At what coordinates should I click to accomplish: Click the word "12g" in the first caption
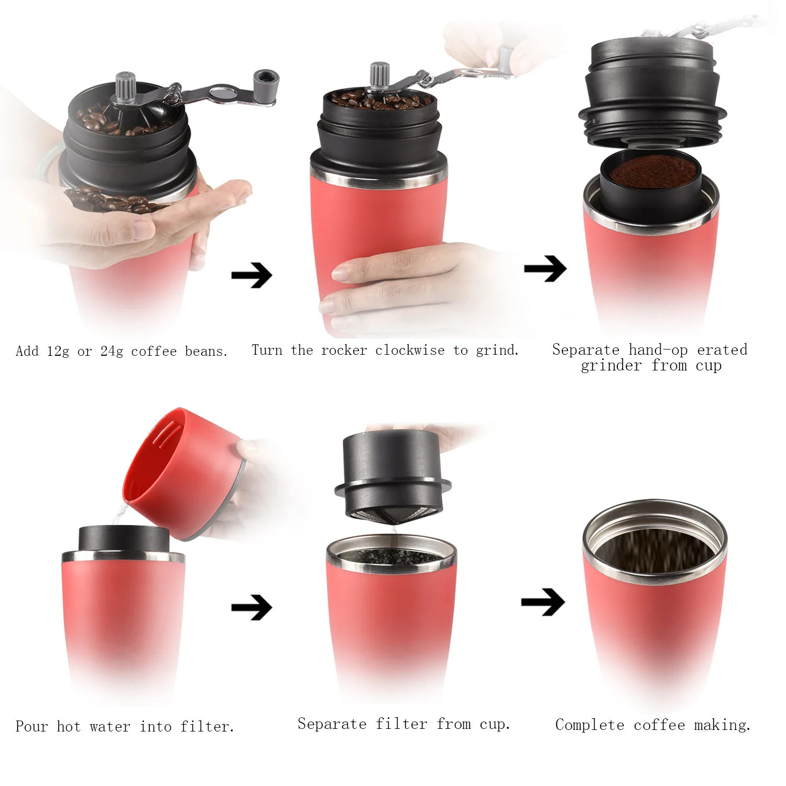coord(58,351)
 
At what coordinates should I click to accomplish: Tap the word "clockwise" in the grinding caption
coord(410,350)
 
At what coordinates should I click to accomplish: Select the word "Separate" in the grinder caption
coord(586,350)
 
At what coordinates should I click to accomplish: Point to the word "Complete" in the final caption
coord(589,725)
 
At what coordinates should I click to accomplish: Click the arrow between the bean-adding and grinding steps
coord(252,275)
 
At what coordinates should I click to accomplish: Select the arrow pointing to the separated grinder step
coord(545,269)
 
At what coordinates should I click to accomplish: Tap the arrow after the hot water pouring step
coord(252,607)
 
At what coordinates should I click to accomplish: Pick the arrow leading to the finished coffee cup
coord(543,602)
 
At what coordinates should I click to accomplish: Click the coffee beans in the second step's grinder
coord(380,100)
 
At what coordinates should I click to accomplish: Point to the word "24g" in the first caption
coord(112,351)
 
